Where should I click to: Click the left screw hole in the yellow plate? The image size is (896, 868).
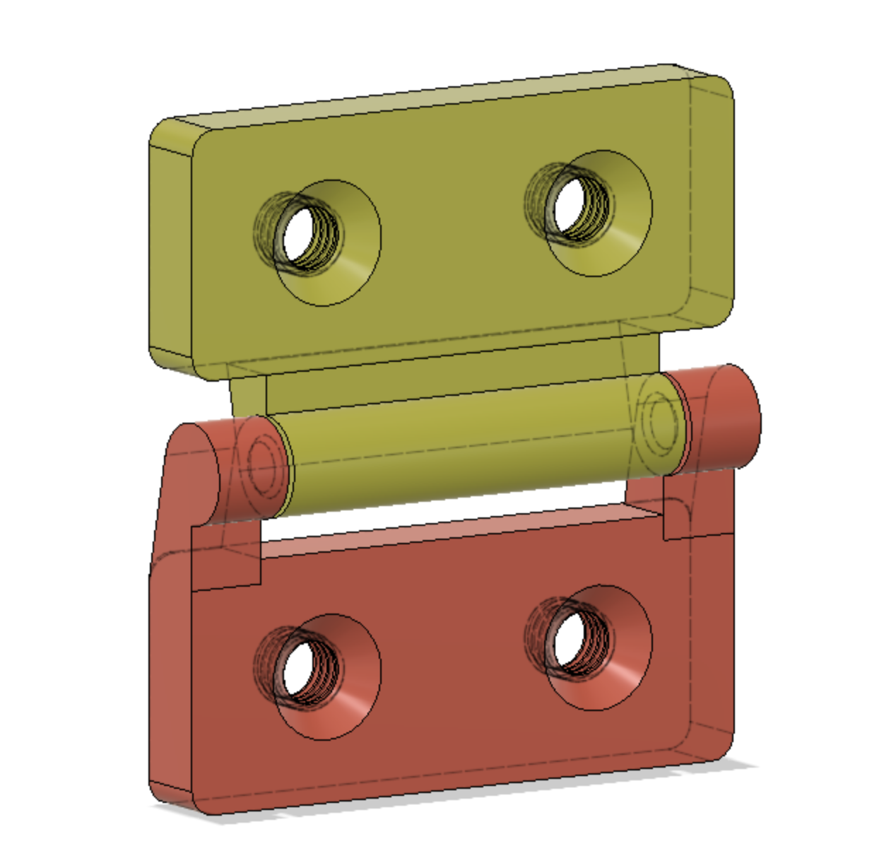[300, 235]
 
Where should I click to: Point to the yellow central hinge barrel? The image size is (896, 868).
[459, 452]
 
